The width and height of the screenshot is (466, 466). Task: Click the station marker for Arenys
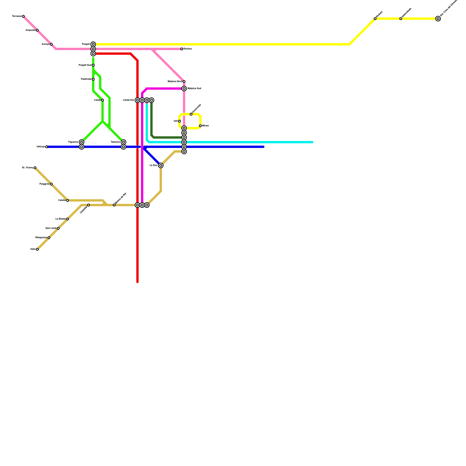pos(51,44)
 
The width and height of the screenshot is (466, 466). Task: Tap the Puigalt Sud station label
pos(85,65)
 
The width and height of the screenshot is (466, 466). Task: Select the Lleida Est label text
pos(128,100)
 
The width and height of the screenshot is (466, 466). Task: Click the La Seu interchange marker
pos(161,165)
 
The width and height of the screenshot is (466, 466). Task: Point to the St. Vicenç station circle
pos(35,168)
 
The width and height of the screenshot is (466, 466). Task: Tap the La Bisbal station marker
pos(68,219)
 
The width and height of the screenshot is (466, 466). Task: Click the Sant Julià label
pos(51,228)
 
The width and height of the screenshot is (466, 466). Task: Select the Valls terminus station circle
pos(37,249)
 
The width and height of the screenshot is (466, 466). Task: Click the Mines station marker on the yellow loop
pos(200,126)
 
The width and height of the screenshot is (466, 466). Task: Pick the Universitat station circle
pos(191,114)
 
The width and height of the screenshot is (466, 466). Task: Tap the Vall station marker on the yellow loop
pos(179,121)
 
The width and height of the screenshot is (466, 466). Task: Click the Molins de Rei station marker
pos(114,205)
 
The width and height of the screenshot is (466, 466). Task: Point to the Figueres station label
pos(73,142)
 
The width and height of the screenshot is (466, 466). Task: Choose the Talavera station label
pos(115,142)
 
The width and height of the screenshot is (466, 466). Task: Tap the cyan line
pos(248,142)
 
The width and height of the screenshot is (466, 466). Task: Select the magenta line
pos(163,89)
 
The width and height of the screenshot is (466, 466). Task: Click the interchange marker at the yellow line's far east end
pos(438,19)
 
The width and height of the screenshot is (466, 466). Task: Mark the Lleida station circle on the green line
pos(103,100)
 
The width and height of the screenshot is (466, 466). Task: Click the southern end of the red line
pos(137,282)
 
